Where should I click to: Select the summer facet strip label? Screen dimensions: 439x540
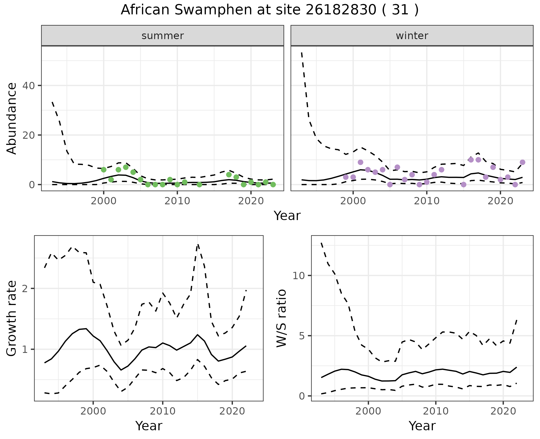(x=163, y=36)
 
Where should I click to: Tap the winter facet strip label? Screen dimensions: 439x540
(x=412, y=36)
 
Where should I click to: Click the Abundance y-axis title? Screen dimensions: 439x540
(x=12, y=118)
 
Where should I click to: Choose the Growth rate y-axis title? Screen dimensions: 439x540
(x=12, y=318)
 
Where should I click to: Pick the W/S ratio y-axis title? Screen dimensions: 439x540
(x=281, y=318)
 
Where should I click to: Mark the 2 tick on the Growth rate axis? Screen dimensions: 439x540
(x=28, y=289)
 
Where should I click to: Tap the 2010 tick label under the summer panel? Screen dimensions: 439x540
(x=177, y=201)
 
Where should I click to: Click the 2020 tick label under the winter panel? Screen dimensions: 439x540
(x=500, y=201)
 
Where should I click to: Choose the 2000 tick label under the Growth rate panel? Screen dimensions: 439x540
(x=93, y=411)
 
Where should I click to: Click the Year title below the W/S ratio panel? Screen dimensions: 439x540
(x=422, y=426)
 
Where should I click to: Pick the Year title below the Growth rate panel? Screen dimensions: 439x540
(x=149, y=426)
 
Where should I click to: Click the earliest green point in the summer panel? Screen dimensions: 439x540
(x=104, y=170)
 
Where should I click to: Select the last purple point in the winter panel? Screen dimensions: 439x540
(x=523, y=162)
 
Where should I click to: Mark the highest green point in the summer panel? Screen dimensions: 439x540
(x=126, y=167)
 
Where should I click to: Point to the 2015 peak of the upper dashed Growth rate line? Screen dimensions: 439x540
(x=198, y=244)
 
